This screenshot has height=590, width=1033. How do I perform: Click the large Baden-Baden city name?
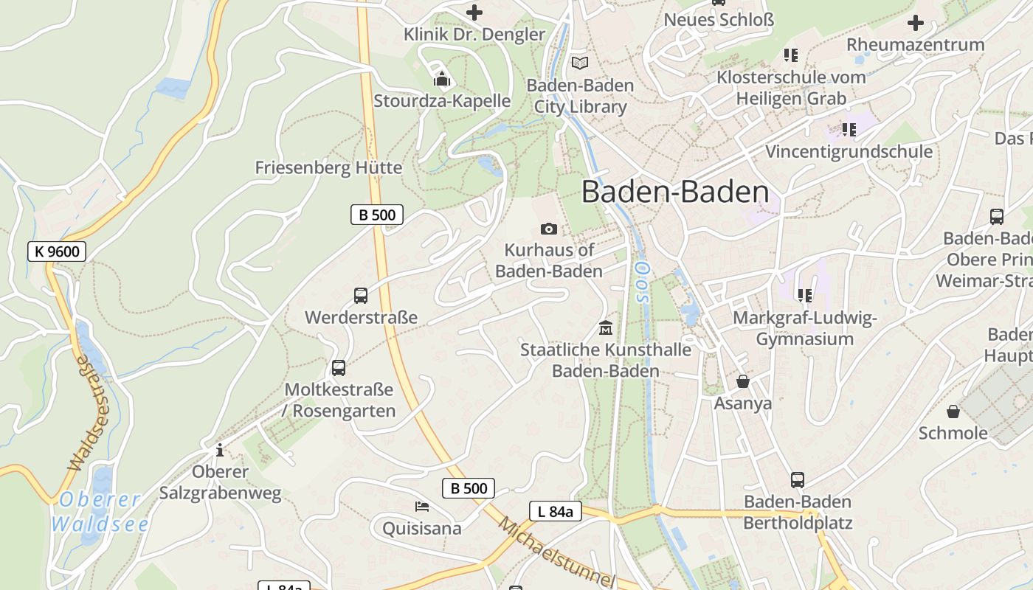(675, 192)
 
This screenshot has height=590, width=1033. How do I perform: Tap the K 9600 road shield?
(57, 251)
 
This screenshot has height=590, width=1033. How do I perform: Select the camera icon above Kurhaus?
(548, 229)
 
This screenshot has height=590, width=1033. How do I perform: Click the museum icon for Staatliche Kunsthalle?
(606, 327)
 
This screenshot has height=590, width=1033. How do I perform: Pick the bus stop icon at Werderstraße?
(361, 296)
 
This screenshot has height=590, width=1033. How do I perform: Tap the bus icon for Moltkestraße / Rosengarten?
(339, 367)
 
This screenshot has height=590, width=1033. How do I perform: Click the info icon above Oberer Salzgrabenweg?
(219, 449)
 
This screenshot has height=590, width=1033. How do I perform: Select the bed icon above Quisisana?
(421, 506)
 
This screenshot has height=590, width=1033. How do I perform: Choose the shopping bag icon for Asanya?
(742, 381)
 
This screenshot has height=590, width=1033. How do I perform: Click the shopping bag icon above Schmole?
(953, 411)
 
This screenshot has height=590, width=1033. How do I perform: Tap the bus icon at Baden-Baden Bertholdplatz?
(797, 480)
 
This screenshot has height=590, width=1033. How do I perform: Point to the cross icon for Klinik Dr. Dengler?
(474, 13)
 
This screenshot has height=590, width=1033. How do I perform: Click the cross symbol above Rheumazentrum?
(915, 23)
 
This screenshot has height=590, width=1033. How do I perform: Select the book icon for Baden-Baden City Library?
(580, 63)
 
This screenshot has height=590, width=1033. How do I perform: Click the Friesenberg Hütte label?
(328, 167)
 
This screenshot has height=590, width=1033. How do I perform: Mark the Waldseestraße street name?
(89, 413)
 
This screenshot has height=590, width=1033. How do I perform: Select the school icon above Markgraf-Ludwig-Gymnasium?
(804, 296)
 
